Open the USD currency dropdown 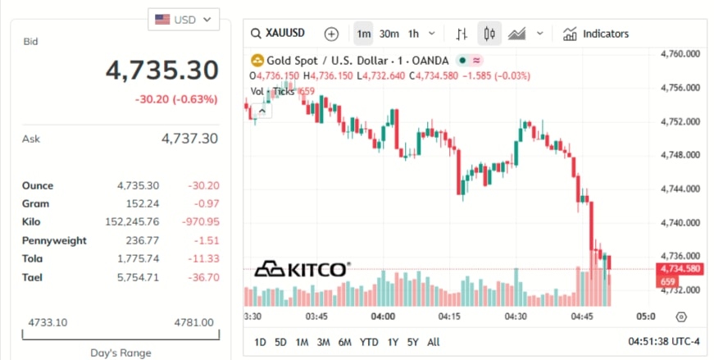click(184, 19)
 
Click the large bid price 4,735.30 click(162, 71)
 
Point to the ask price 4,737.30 click(190, 139)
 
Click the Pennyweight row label click(54, 240)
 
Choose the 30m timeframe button click(389, 34)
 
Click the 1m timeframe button click(363, 34)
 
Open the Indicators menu click(597, 34)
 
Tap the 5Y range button click(412, 342)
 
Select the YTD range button click(369, 342)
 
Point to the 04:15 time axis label click(448, 316)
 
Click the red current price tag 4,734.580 click(680, 268)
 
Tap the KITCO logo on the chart click(302, 269)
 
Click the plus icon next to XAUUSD click(331, 34)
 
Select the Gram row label click(36, 203)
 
